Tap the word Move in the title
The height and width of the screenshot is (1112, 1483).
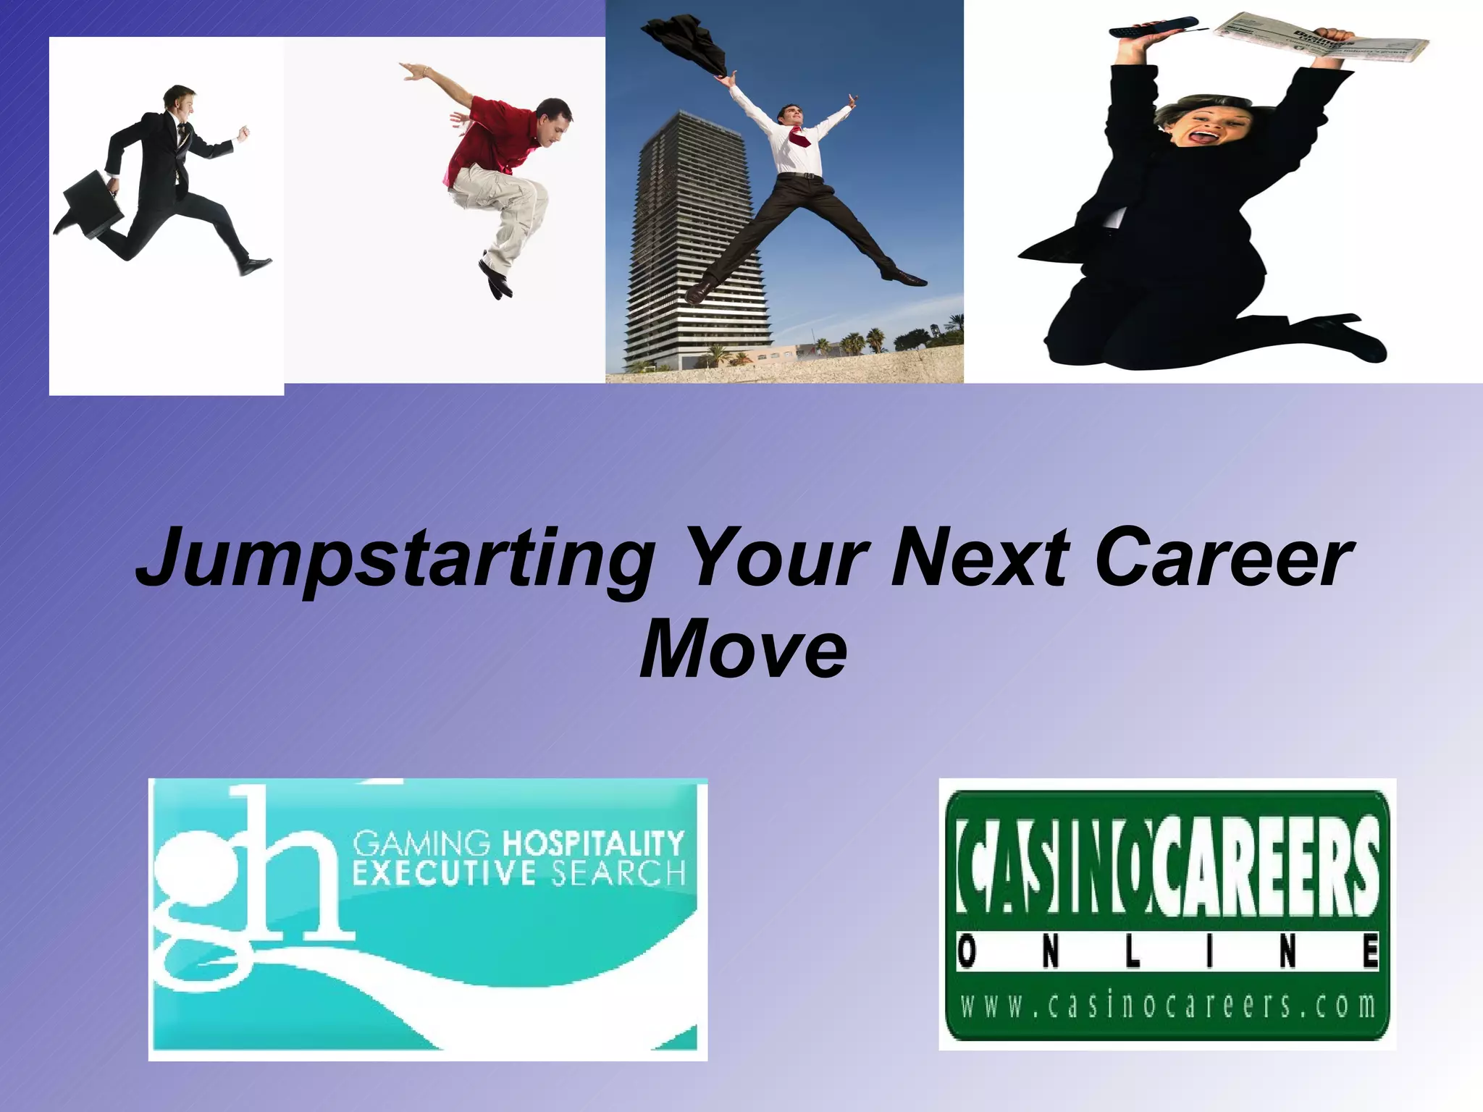pos(743,648)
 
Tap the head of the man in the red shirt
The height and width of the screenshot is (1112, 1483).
pos(555,119)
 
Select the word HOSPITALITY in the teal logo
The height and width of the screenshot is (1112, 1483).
pos(592,843)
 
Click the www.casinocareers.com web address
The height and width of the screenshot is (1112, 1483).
pos(1167,1006)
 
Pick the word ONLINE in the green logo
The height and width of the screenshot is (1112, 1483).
pos(1167,952)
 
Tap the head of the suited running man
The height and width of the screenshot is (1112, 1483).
pos(178,101)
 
